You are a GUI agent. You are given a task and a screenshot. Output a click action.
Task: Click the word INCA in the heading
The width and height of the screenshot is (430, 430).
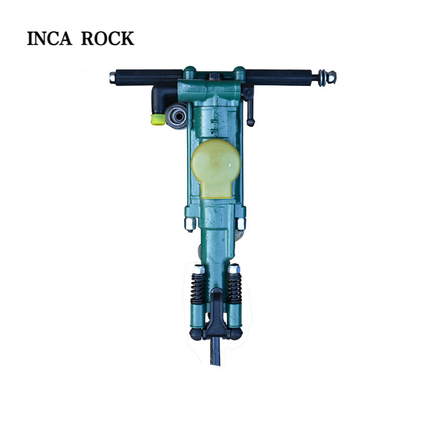click(x=49, y=38)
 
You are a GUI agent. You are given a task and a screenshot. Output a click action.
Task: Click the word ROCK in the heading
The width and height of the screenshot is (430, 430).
click(x=107, y=38)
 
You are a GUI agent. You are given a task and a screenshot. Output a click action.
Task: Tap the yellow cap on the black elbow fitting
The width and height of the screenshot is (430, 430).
click(x=158, y=119)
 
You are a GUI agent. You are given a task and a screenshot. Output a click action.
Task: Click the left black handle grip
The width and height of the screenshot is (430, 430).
click(x=149, y=77)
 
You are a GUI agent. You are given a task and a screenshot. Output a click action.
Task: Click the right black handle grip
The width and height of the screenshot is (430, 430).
click(x=279, y=77)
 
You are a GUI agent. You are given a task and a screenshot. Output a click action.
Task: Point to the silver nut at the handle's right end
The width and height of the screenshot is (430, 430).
click(x=331, y=77)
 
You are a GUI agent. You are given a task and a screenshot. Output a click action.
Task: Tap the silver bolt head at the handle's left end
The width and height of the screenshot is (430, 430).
click(x=112, y=77)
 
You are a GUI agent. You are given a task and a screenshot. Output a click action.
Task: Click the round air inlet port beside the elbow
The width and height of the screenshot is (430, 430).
click(x=177, y=116)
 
